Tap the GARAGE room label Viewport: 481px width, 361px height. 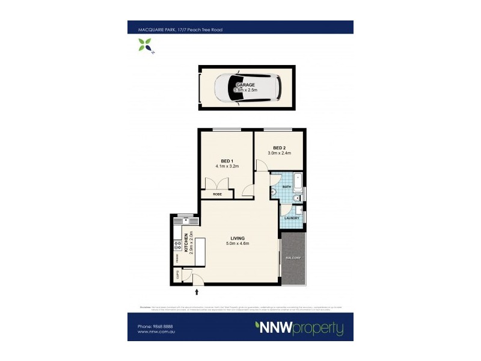coord(245,85)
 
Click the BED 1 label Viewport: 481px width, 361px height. coord(227,161)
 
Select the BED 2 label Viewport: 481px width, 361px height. coord(278,148)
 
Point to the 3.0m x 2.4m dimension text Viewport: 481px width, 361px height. coord(278,153)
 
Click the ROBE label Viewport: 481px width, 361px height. coord(218,194)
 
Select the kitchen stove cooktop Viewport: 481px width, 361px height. coord(177,245)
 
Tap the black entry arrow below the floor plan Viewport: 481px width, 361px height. coord(197,292)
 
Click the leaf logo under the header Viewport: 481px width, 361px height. coord(144,44)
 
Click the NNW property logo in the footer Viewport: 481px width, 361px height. coord(299,329)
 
